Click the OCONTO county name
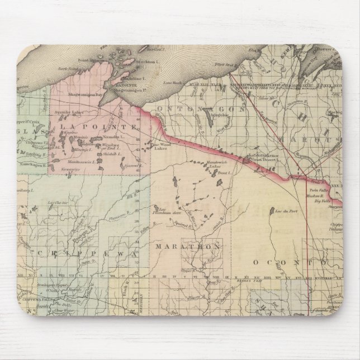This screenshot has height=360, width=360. click(x=291, y=262)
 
